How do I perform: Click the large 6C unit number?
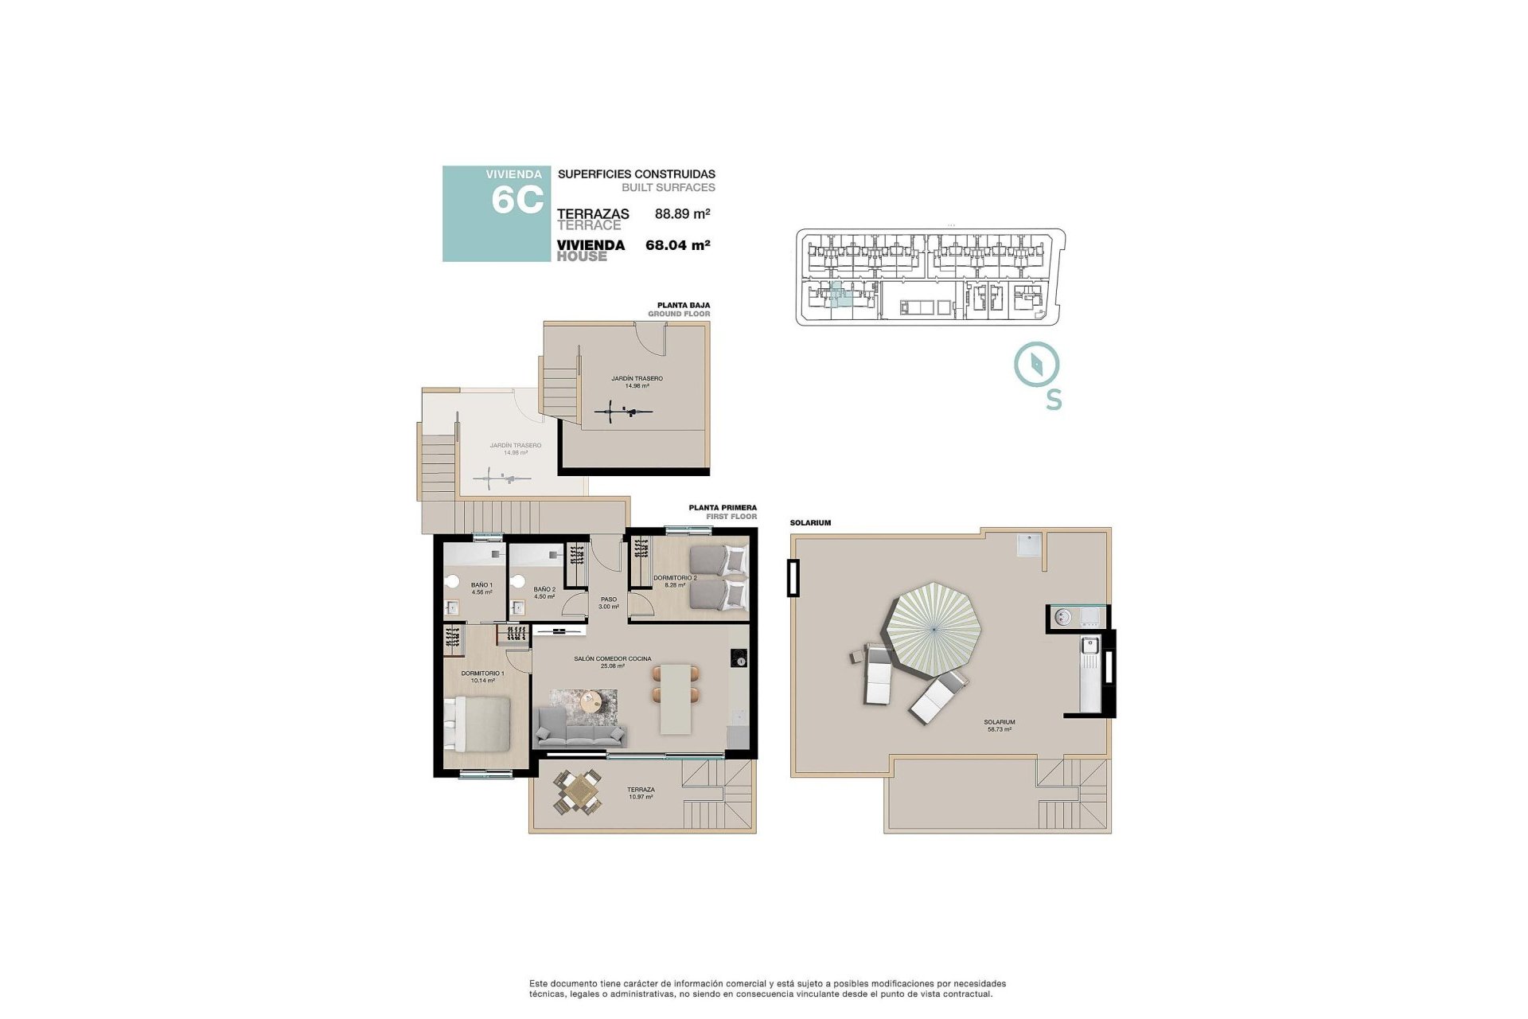[517, 200]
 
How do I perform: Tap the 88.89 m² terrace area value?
[682, 213]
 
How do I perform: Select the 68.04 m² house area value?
[677, 245]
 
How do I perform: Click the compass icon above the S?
[1036, 365]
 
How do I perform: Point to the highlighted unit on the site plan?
[837, 295]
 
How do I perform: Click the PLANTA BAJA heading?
[683, 305]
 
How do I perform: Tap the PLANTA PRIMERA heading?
[722, 507]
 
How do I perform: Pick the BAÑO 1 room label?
[481, 588]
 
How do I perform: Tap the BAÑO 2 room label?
[544, 592]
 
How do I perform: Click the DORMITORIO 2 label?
[675, 581]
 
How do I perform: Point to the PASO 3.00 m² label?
[609, 603]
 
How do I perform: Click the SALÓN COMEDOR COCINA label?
[612, 662]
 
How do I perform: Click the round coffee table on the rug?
[591, 701]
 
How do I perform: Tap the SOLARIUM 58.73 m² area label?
[999, 725]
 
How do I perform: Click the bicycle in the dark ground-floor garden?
[624, 412]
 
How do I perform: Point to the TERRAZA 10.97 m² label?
[641, 793]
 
